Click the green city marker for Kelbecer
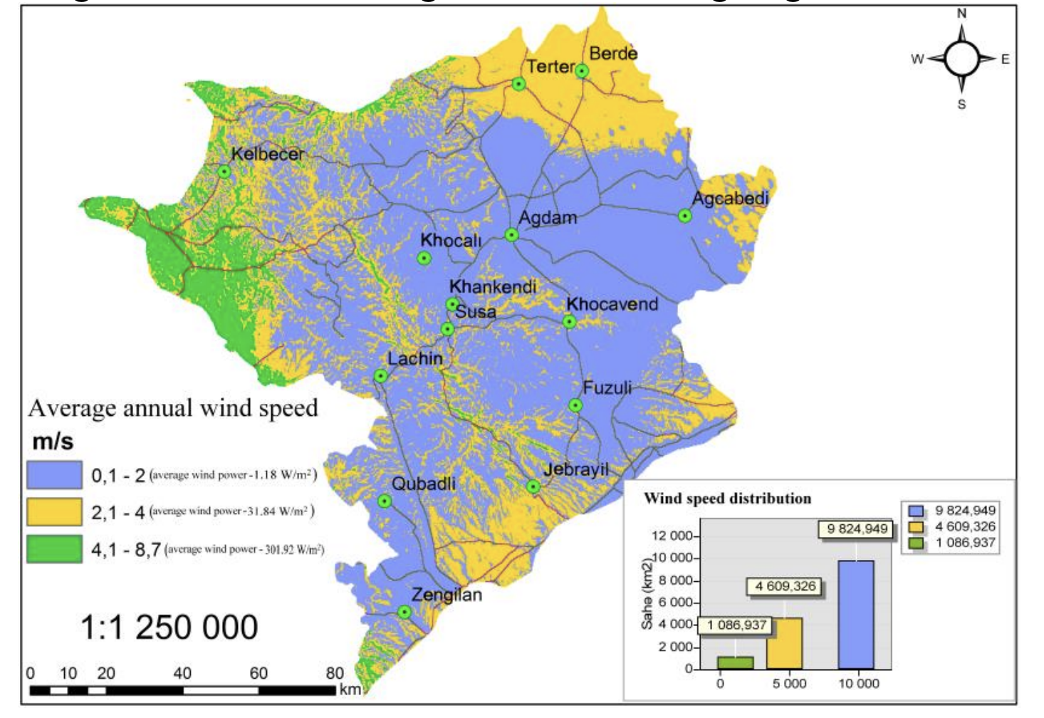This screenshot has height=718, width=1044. pos(224,172)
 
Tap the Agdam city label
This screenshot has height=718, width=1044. pos(548,217)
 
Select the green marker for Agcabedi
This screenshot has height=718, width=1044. pos(684,216)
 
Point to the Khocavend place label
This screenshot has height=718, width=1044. pos(612,304)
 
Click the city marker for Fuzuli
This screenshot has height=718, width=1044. pos(575,405)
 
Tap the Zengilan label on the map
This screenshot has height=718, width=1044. pos(447,595)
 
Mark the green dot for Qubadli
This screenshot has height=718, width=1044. pos(385,501)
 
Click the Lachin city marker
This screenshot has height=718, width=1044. pos(381,376)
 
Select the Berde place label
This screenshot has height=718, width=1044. pos(613,53)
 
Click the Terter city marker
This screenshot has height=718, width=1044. pos(519,84)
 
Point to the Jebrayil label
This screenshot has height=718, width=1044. pos(575,469)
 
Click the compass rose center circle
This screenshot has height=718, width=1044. pos(961,58)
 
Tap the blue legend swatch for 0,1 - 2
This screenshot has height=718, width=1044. pos(54,475)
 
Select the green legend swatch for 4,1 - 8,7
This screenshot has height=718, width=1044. pos(54,549)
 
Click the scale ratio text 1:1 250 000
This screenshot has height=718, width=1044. pos(169,628)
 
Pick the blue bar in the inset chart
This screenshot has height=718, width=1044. pos(855,615)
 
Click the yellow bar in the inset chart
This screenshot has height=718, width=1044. pos(785,643)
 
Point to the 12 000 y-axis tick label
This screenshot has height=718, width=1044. pos(671,536)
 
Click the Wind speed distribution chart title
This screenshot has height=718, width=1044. pos(727,499)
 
